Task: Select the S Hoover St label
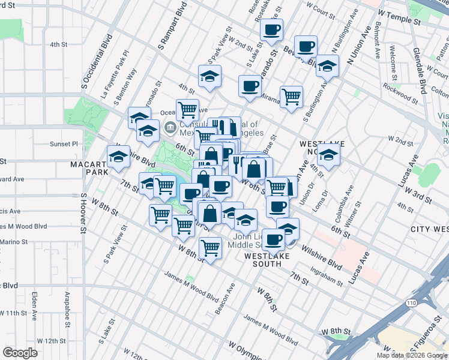click(x=83, y=214)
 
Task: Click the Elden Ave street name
click(x=35, y=305)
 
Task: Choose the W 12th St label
click(x=51, y=341)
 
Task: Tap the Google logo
click(x=20, y=352)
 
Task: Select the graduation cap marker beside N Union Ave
click(x=328, y=65)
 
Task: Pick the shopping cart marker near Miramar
click(x=291, y=96)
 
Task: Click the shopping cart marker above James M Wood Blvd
click(x=210, y=247)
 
